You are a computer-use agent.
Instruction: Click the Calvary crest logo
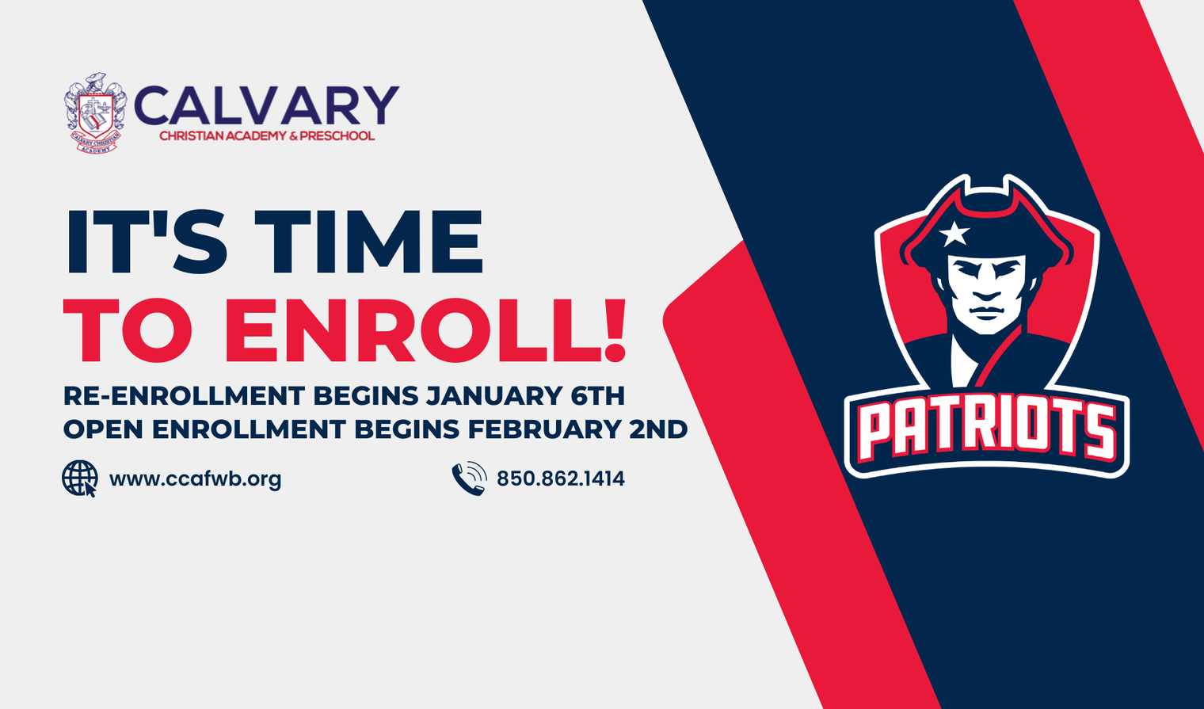96,112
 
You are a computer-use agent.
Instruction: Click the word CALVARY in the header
266,106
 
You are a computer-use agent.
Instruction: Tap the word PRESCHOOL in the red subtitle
337,136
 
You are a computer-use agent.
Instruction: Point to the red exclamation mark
615,330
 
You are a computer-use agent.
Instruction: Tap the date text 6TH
598,396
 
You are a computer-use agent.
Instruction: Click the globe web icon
79,478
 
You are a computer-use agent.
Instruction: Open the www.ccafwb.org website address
195,479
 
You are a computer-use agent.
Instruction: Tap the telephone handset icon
469,478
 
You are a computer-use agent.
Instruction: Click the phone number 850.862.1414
561,478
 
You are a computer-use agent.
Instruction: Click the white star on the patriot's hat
954,233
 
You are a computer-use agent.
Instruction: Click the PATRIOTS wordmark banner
986,432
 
